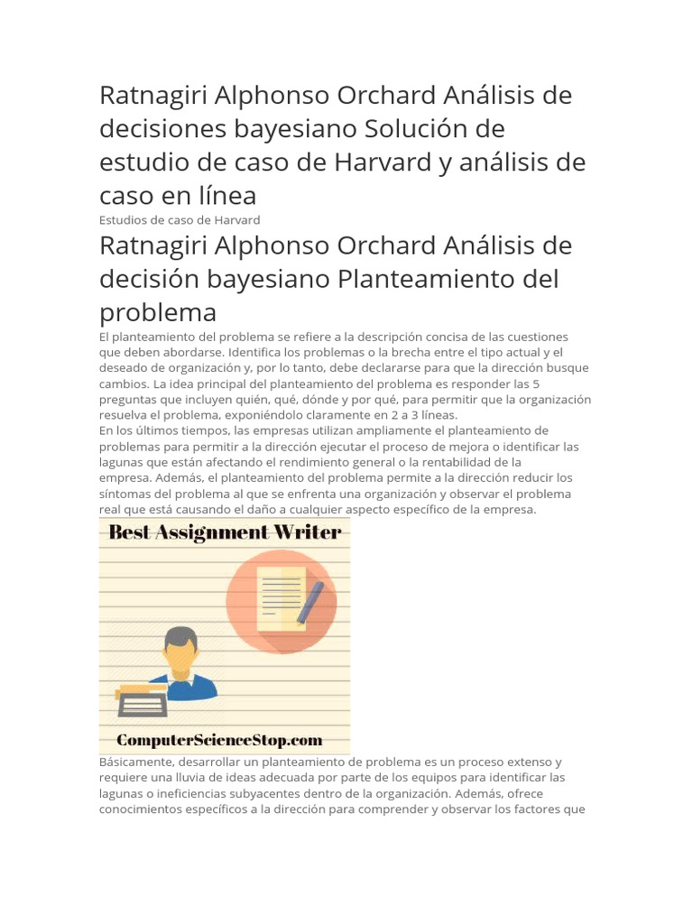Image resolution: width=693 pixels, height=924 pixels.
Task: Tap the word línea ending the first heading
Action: pyautogui.click(x=225, y=195)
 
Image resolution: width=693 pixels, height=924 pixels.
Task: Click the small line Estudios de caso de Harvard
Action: pyautogui.click(x=180, y=220)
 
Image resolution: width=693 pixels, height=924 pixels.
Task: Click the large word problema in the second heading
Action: pyautogui.click(x=158, y=312)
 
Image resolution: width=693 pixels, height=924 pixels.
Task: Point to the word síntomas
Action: pyautogui.click(x=127, y=494)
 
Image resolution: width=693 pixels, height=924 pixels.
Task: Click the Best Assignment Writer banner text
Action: pyautogui.click(x=225, y=532)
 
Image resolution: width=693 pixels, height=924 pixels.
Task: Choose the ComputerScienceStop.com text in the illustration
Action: pyautogui.click(x=219, y=740)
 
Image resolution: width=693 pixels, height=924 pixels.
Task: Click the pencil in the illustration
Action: pyautogui.click(x=310, y=602)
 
